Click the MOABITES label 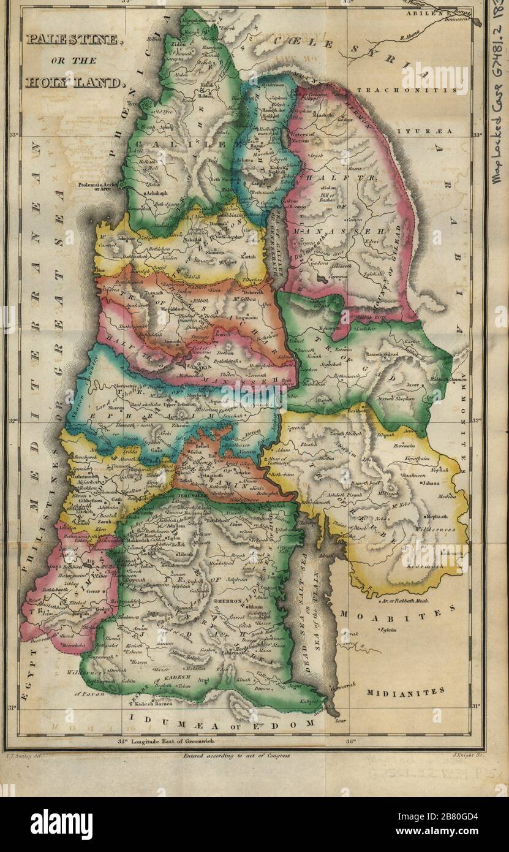(398, 611)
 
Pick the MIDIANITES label (405, 692)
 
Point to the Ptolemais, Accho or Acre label (98, 185)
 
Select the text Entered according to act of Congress (236, 756)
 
